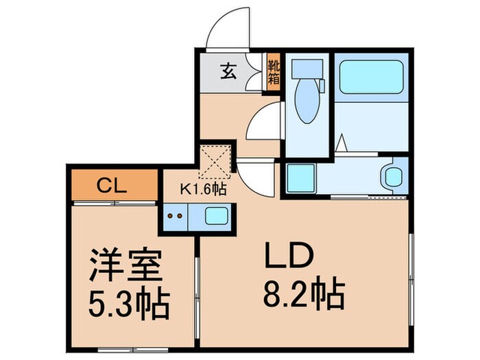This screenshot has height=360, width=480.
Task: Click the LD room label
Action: [x=289, y=259]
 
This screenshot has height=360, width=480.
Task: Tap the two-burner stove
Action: [x=176, y=217]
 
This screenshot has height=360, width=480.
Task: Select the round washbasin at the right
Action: [x=394, y=176]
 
